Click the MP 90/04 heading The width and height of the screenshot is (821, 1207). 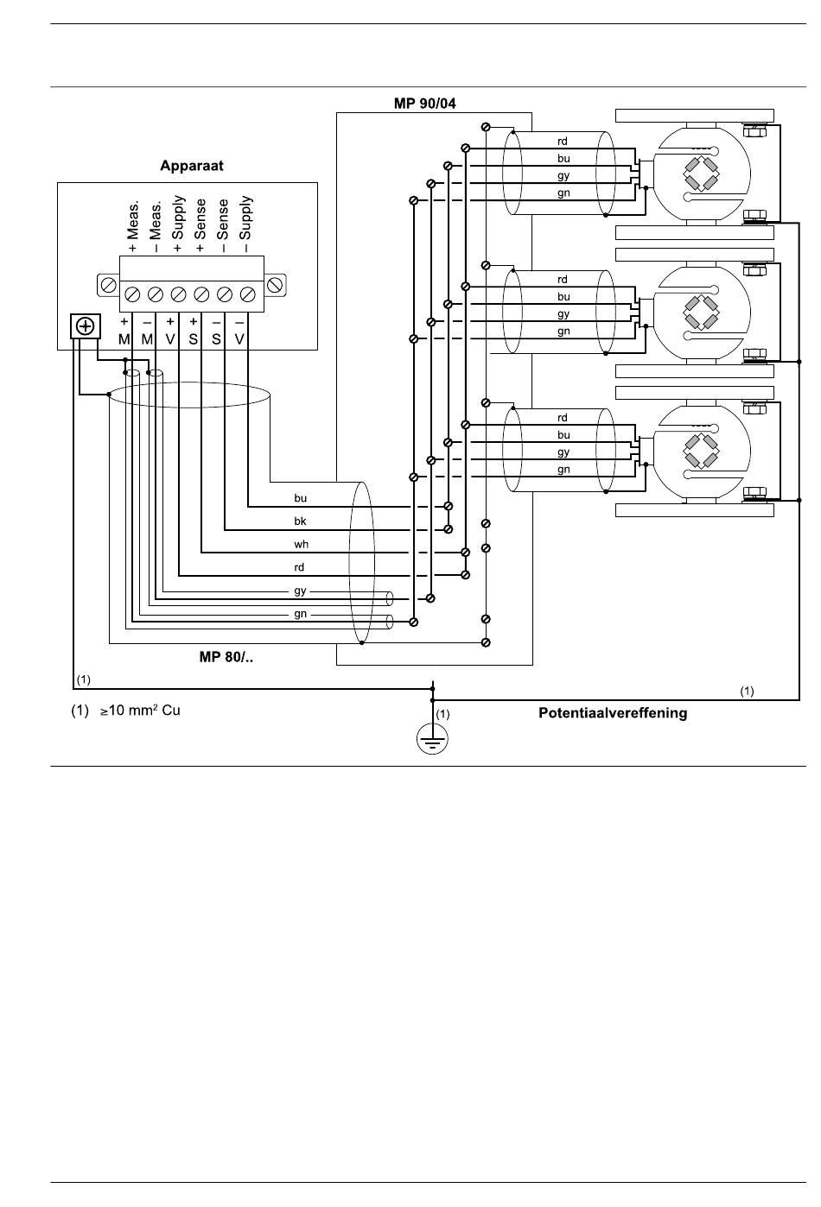pyautogui.click(x=424, y=104)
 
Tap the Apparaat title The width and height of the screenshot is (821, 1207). pyautogui.click(x=192, y=166)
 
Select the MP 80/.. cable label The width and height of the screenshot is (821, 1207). pyautogui.click(x=226, y=657)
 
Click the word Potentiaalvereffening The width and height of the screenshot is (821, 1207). pyautogui.click(x=613, y=713)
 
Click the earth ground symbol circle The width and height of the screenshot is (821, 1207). pyautogui.click(x=432, y=738)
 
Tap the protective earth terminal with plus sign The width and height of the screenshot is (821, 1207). pyautogui.click(x=86, y=326)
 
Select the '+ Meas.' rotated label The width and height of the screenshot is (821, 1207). pyautogui.click(x=133, y=226)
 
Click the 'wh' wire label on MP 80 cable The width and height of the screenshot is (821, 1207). pyautogui.click(x=301, y=544)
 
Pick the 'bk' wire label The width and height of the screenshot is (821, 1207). pyautogui.click(x=300, y=521)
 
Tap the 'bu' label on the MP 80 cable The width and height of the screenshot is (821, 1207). pyautogui.click(x=300, y=498)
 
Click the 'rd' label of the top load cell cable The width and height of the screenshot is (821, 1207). pyautogui.click(x=562, y=142)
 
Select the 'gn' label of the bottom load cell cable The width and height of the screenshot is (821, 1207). pyautogui.click(x=563, y=470)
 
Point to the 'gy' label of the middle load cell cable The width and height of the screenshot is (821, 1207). pyautogui.click(x=563, y=313)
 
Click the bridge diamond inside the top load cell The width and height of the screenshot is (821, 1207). pyautogui.click(x=701, y=174)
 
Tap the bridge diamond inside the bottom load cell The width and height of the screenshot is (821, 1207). pyautogui.click(x=701, y=451)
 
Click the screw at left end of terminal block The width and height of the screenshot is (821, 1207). pyautogui.click(x=108, y=285)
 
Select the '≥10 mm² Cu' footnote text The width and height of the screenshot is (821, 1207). pyautogui.click(x=140, y=711)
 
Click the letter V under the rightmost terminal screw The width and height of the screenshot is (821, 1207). pyautogui.click(x=239, y=339)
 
